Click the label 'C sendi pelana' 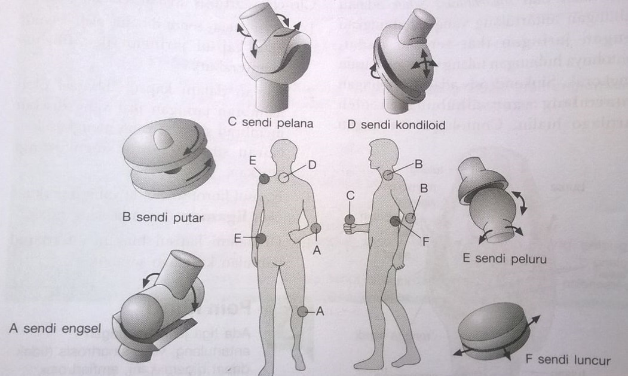(x=271, y=123)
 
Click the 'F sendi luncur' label (x=567, y=360)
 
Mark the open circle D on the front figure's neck (x=284, y=177)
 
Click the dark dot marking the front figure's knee (x=303, y=311)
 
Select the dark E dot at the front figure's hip (x=261, y=238)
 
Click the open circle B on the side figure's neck (x=388, y=175)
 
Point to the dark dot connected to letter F (x=396, y=221)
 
